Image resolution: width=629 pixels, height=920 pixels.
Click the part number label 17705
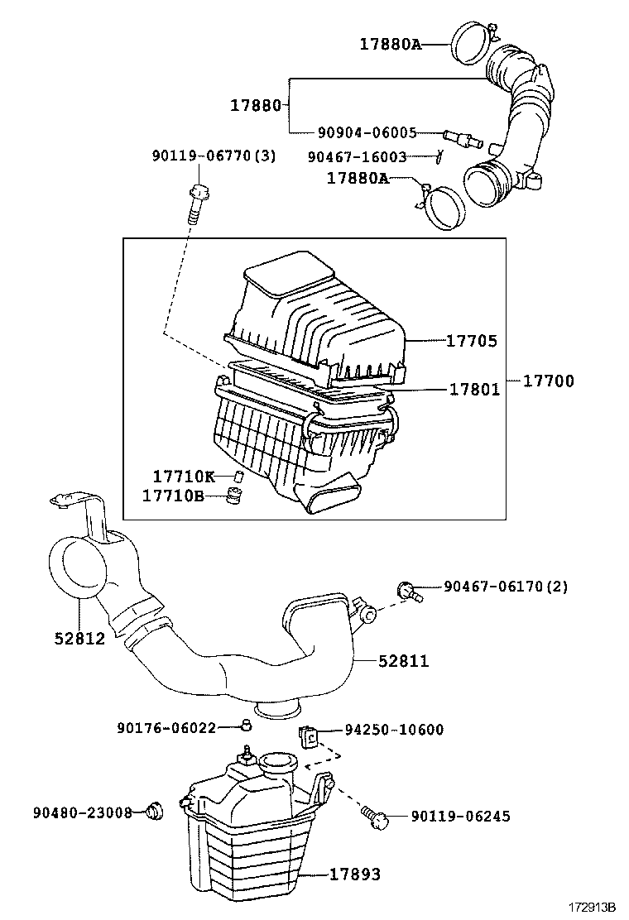[473, 341]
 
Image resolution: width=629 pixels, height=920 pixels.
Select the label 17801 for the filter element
[474, 389]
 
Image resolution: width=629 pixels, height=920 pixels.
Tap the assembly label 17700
[548, 381]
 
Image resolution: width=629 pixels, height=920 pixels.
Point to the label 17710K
[183, 477]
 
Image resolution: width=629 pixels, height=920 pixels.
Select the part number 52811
[404, 661]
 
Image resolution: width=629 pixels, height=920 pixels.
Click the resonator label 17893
[356, 874]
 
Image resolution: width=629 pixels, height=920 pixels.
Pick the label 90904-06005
[367, 133]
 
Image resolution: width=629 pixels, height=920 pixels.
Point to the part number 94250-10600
[394, 729]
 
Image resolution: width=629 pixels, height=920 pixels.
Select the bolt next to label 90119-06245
[374, 817]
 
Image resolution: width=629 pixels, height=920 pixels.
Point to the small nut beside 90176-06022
[245, 726]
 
